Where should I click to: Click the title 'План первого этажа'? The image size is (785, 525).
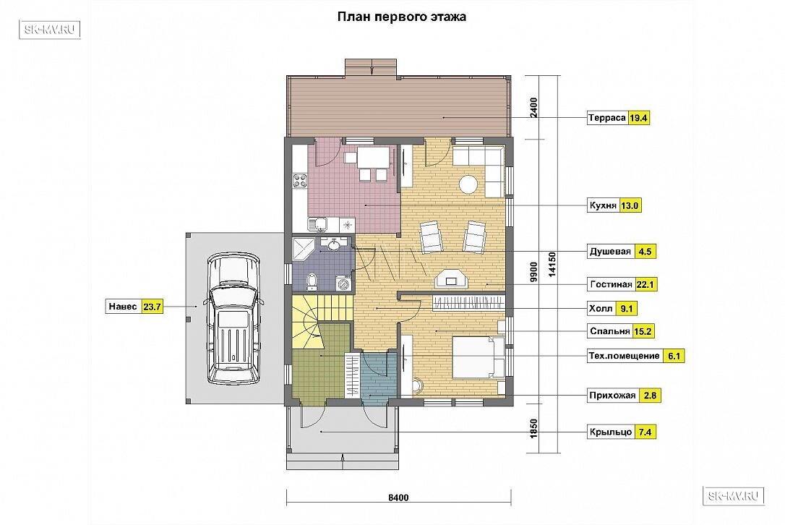coord(401,17)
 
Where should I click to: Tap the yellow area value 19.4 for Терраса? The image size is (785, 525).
coord(639,118)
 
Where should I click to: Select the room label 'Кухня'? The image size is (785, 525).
coord(603,205)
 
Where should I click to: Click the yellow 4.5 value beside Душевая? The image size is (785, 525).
coord(645,252)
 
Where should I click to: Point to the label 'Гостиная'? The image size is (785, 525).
coord(611,284)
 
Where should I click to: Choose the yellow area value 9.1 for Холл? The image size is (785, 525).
coord(626,309)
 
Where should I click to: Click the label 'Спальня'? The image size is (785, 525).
coord(610,331)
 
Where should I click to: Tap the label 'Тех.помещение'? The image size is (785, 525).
coord(625,357)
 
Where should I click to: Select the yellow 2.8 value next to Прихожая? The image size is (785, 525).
coord(650,396)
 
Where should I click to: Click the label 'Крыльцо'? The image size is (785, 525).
coord(611,432)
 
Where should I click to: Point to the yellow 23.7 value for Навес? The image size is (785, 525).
coord(152,307)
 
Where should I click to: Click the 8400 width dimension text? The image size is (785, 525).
coord(398,498)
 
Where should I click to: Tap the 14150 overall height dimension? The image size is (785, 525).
coord(552,264)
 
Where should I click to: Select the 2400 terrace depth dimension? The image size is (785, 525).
coord(533,108)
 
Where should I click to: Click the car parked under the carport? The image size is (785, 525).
coord(233,319)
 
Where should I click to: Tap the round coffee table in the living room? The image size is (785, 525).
coord(470,184)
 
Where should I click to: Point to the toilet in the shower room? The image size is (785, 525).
coord(312,281)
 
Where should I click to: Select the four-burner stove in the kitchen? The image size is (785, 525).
coord(300,181)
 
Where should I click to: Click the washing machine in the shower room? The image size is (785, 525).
coord(346,283)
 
